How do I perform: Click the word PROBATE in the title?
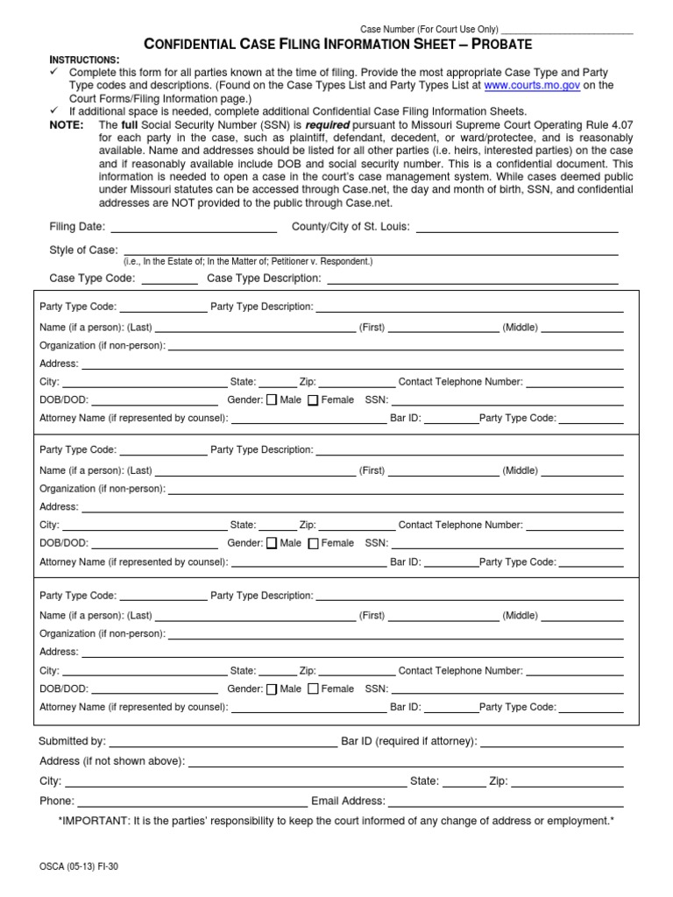click(x=499, y=44)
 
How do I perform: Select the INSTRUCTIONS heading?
click(x=84, y=58)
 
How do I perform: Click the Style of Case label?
click(x=83, y=251)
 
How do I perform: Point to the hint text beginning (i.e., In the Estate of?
click(x=247, y=262)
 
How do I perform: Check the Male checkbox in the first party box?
click(x=271, y=400)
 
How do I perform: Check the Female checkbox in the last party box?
click(x=314, y=689)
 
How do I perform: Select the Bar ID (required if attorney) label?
click(x=409, y=742)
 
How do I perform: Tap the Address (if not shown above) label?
click(x=111, y=761)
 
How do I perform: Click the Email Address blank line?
click(x=506, y=802)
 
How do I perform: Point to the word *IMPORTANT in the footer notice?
click(x=92, y=821)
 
